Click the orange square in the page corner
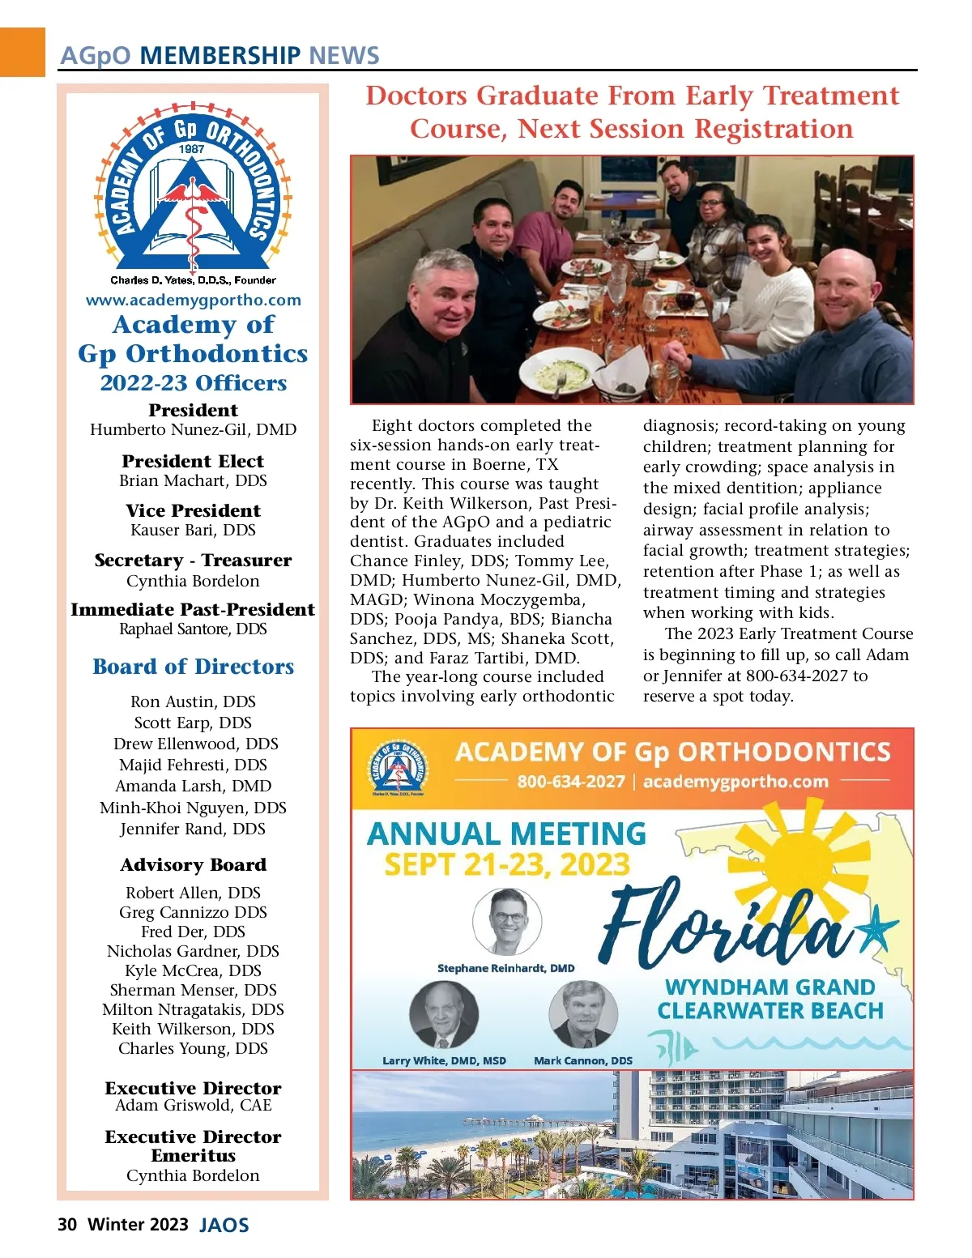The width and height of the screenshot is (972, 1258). coord(22,52)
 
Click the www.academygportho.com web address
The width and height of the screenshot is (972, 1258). coord(194,300)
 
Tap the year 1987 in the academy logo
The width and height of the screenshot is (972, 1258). coord(192,149)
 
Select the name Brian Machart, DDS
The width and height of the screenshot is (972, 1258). coord(193,480)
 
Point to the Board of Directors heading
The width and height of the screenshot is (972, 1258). coord(194,667)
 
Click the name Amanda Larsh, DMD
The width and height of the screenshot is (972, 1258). coord(194,786)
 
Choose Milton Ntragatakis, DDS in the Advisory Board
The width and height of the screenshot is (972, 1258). coord(194,1009)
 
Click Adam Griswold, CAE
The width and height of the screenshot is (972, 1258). coord(194,1105)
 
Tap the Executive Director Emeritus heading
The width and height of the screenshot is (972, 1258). coord(194,1146)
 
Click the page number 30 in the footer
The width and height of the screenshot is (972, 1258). coord(67,1224)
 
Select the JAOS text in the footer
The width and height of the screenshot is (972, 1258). coord(224,1225)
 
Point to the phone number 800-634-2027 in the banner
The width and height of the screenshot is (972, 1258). coord(571,782)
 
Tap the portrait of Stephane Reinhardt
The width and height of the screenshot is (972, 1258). coord(507,921)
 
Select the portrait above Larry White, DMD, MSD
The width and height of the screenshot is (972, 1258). coord(444,1015)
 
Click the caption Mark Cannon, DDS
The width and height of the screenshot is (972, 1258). coord(583,1060)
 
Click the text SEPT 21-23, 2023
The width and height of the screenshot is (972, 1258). coord(507,865)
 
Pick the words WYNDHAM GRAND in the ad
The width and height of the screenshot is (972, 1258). coord(769,987)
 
